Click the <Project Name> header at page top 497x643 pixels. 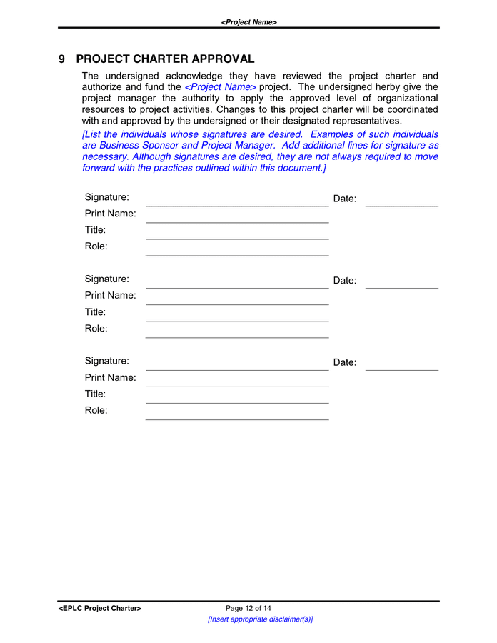[x=248, y=22]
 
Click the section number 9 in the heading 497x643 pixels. [x=62, y=59]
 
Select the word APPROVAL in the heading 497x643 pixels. [x=223, y=59]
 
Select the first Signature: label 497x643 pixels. [x=107, y=197]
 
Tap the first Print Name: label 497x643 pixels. [x=111, y=214]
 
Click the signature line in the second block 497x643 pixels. [x=237, y=287]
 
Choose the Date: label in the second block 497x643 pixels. [x=345, y=281]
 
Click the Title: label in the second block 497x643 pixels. [x=96, y=312]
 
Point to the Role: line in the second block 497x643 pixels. [x=237, y=337]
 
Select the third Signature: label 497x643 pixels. [x=107, y=362]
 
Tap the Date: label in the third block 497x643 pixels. [x=345, y=363]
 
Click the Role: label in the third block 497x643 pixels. [x=96, y=411]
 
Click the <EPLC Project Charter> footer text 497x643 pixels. [x=100, y=609]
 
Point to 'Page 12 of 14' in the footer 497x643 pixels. [x=248, y=609]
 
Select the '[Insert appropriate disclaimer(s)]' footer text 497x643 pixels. [x=260, y=619]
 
